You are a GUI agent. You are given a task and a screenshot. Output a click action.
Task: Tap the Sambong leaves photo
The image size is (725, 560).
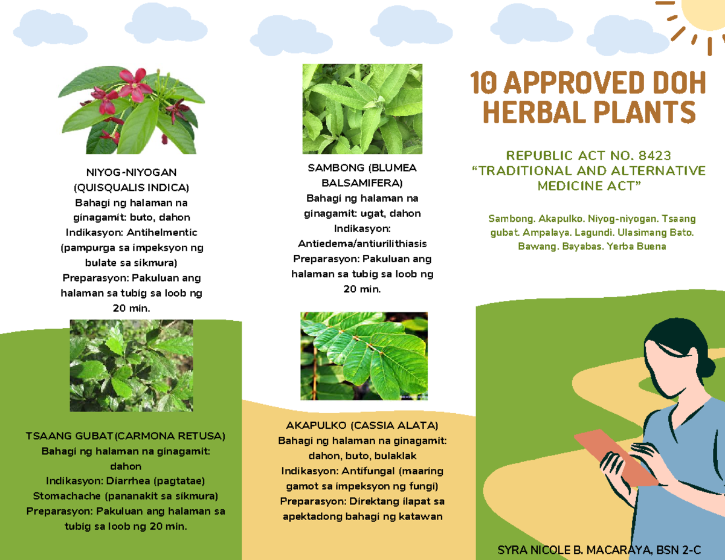362,109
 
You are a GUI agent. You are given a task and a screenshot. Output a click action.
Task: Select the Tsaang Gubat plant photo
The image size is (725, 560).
131,365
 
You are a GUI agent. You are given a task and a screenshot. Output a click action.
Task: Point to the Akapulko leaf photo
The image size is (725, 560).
364,356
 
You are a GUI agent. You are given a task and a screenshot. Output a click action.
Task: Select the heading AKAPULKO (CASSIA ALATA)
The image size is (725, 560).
362,425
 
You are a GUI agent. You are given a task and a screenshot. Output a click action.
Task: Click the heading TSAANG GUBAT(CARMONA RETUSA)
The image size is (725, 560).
126,436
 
